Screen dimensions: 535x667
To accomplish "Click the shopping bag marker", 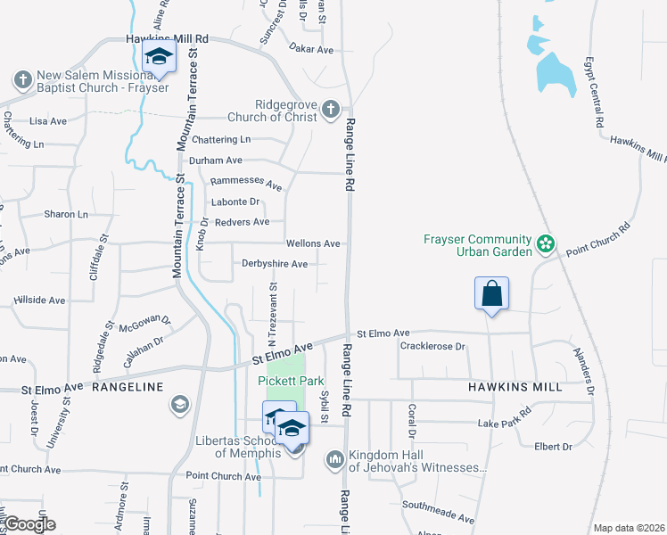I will pos(492,293).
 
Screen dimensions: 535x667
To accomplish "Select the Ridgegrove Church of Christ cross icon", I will pos(330,110).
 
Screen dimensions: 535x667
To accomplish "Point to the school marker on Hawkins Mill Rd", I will pos(159,59).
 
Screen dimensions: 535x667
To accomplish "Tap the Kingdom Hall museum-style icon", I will pos(335,460).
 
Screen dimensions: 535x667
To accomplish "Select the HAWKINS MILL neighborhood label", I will pos(515,387).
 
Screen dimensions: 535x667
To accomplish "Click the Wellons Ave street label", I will pos(313,243).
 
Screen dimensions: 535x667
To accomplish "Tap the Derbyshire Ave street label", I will pos(275,264).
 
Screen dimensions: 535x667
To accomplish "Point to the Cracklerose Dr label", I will pos(433,346).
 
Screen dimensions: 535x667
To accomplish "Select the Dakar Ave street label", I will pos(312,50).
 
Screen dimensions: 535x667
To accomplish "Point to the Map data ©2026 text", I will pos(628,528).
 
